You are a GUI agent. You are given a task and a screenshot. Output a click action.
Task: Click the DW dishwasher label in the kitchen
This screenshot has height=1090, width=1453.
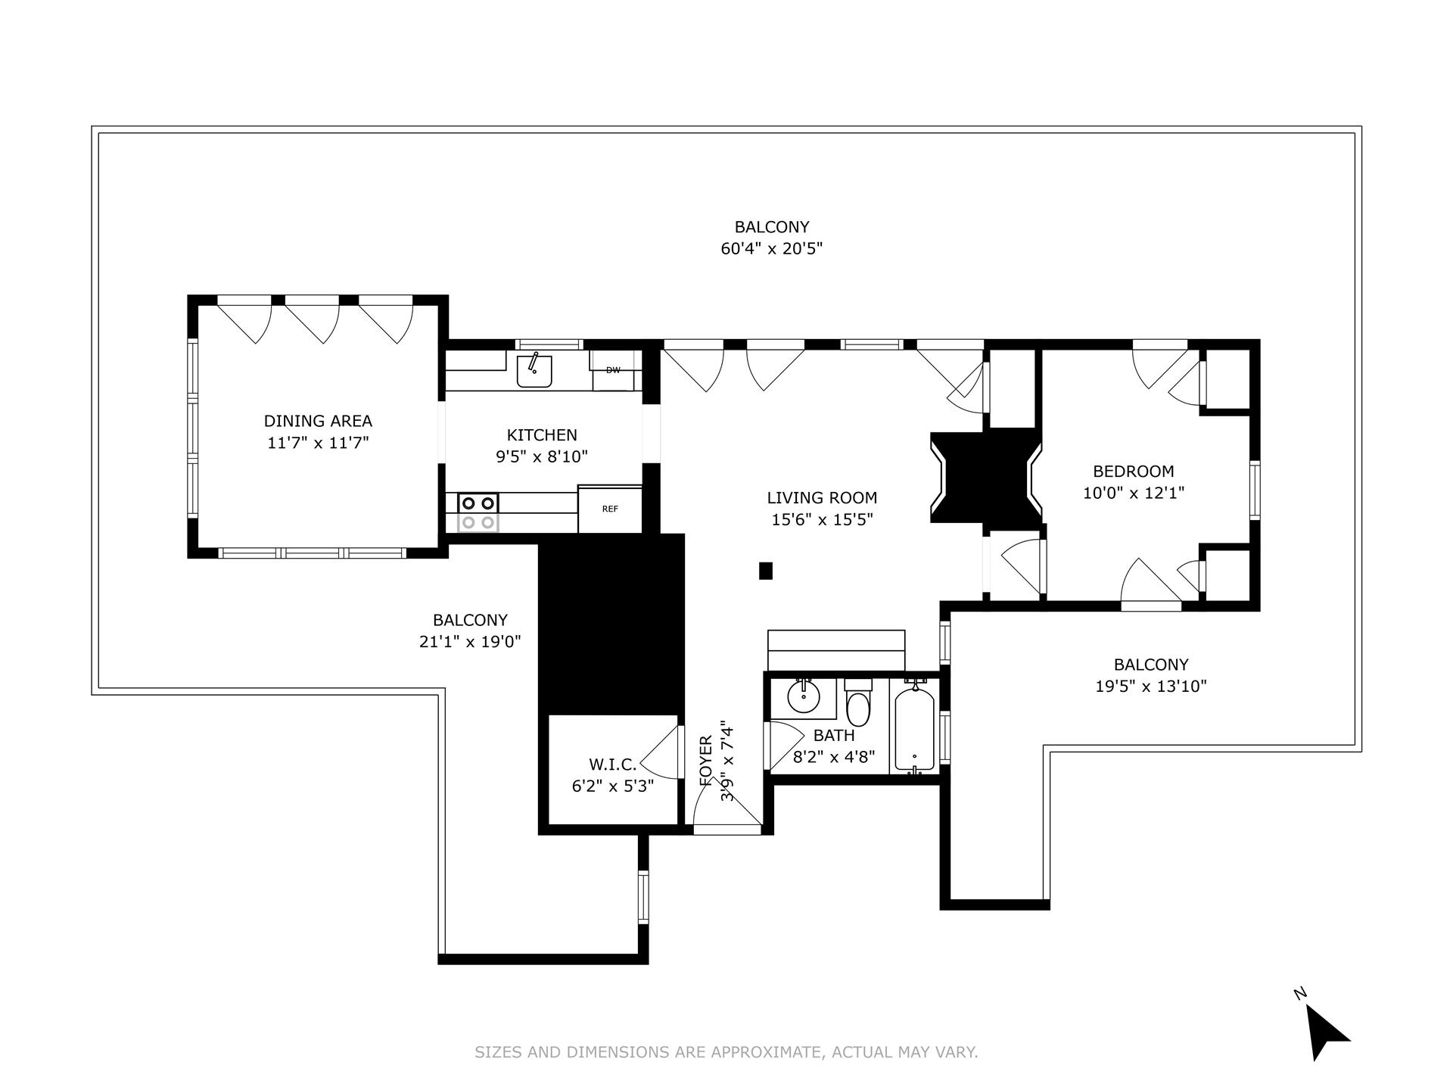613,370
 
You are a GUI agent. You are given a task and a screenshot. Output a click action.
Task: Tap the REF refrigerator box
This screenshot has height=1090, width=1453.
610,509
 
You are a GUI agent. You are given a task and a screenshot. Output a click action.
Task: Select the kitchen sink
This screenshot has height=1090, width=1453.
534,371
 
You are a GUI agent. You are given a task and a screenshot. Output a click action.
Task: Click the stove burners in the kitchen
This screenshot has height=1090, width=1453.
478,512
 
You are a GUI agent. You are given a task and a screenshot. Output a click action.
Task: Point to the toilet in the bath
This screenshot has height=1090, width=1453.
858,703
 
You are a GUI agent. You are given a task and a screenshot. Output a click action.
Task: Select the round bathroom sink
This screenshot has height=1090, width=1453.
803,698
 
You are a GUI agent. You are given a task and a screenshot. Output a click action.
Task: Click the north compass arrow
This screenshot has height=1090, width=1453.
1326,1031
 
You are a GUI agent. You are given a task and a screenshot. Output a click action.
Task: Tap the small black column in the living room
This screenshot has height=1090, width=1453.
765,571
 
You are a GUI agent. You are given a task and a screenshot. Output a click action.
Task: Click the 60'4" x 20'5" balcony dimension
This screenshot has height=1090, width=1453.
771,248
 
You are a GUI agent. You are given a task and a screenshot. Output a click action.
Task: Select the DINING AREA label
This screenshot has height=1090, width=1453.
318,421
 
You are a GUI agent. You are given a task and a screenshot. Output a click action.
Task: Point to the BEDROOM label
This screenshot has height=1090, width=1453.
1133,471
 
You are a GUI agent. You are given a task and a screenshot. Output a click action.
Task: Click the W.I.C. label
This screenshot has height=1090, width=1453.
612,765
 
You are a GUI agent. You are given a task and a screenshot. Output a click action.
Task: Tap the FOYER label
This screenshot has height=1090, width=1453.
706,761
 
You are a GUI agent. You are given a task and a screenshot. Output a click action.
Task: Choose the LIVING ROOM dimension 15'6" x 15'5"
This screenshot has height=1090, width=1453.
822,519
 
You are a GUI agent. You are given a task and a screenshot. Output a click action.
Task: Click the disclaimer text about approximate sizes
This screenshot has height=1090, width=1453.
726,1052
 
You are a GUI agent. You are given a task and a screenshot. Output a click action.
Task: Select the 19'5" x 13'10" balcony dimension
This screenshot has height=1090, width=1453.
1150,686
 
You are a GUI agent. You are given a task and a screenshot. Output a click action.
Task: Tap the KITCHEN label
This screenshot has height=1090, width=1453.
542,434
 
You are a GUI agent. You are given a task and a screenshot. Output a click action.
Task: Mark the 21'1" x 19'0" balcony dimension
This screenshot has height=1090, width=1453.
470,642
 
